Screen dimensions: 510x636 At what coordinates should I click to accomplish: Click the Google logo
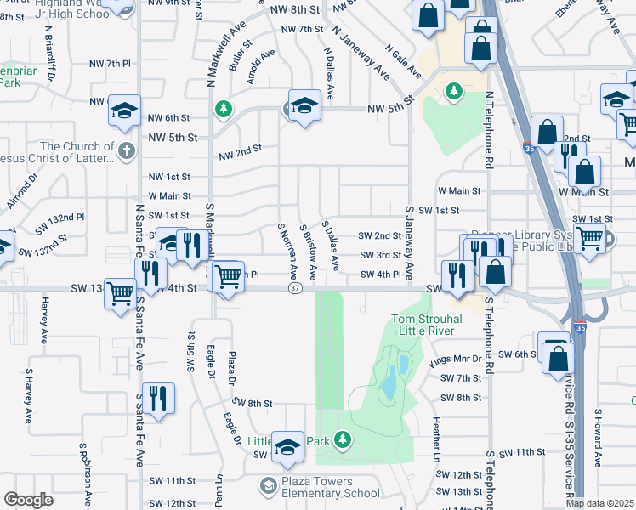[x=28, y=500]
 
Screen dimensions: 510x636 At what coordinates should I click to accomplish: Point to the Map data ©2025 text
[x=599, y=503]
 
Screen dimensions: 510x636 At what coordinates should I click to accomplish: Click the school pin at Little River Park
[x=288, y=445]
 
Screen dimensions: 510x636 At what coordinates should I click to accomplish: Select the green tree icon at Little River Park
[x=342, y=439]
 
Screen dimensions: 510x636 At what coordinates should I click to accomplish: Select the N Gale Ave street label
[x=403, y=61]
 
